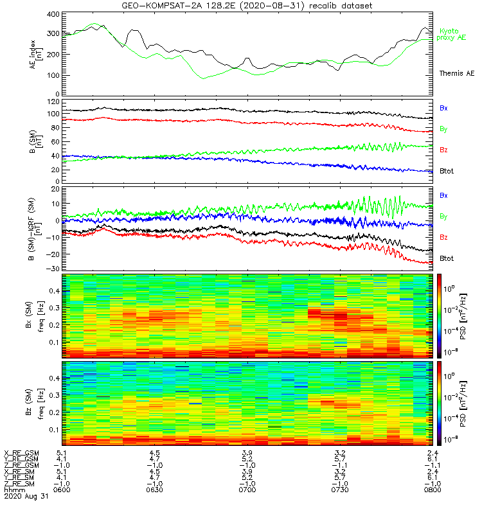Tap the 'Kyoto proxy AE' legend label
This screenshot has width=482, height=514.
(453, 34)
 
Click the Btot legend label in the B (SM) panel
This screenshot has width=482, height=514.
(447, 170)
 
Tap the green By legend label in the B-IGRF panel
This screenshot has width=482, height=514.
(443, 216)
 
